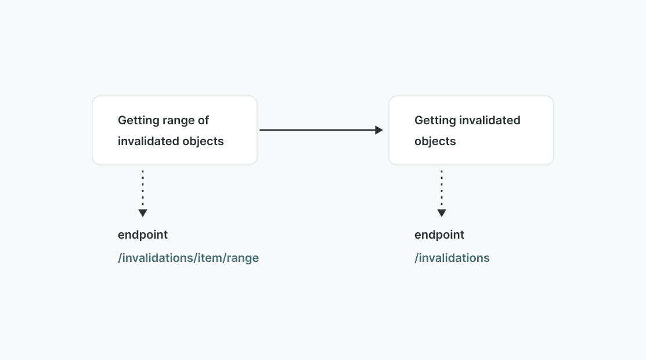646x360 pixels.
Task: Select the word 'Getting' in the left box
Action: tap(139, 121)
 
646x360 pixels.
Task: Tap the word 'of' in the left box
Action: tap(203, 121)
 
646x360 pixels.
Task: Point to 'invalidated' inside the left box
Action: tap(149, 142)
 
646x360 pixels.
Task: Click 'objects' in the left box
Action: tap(204, 142)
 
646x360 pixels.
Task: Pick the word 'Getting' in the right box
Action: tap(435, 121)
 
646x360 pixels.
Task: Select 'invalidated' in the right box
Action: tap(490, 121)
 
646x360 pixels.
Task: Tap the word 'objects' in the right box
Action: tap(435, 142)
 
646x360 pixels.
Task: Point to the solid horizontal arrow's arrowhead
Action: tap(379, 130)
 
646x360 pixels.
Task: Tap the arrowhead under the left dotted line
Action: tap(143, 213)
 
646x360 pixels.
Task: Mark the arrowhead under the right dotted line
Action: tap(442, 213)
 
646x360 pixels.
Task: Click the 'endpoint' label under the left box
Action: tap(143, 235)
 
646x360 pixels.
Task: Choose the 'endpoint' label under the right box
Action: tap(439, 235)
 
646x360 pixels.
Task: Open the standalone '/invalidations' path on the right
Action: tap(452, 258)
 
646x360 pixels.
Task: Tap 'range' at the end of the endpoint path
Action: tap(243, 258)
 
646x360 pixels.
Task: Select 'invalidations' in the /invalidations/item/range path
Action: tap(157, 258)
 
